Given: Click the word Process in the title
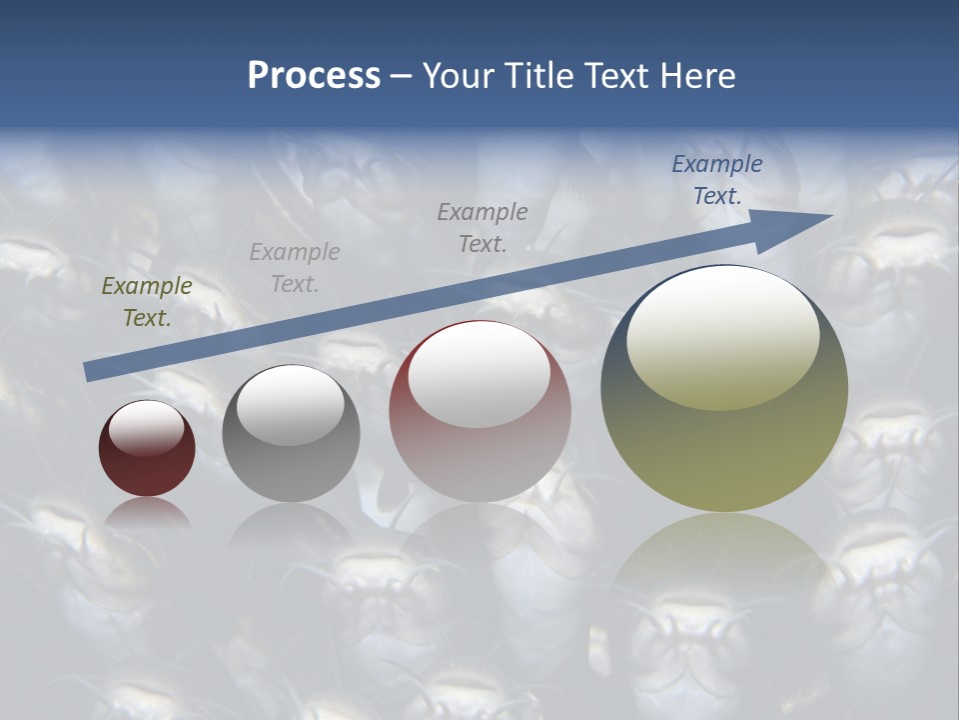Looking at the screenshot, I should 314,76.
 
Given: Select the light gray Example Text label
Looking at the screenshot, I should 295,268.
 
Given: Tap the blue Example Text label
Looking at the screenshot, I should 717,180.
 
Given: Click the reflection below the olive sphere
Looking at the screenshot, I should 724,570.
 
